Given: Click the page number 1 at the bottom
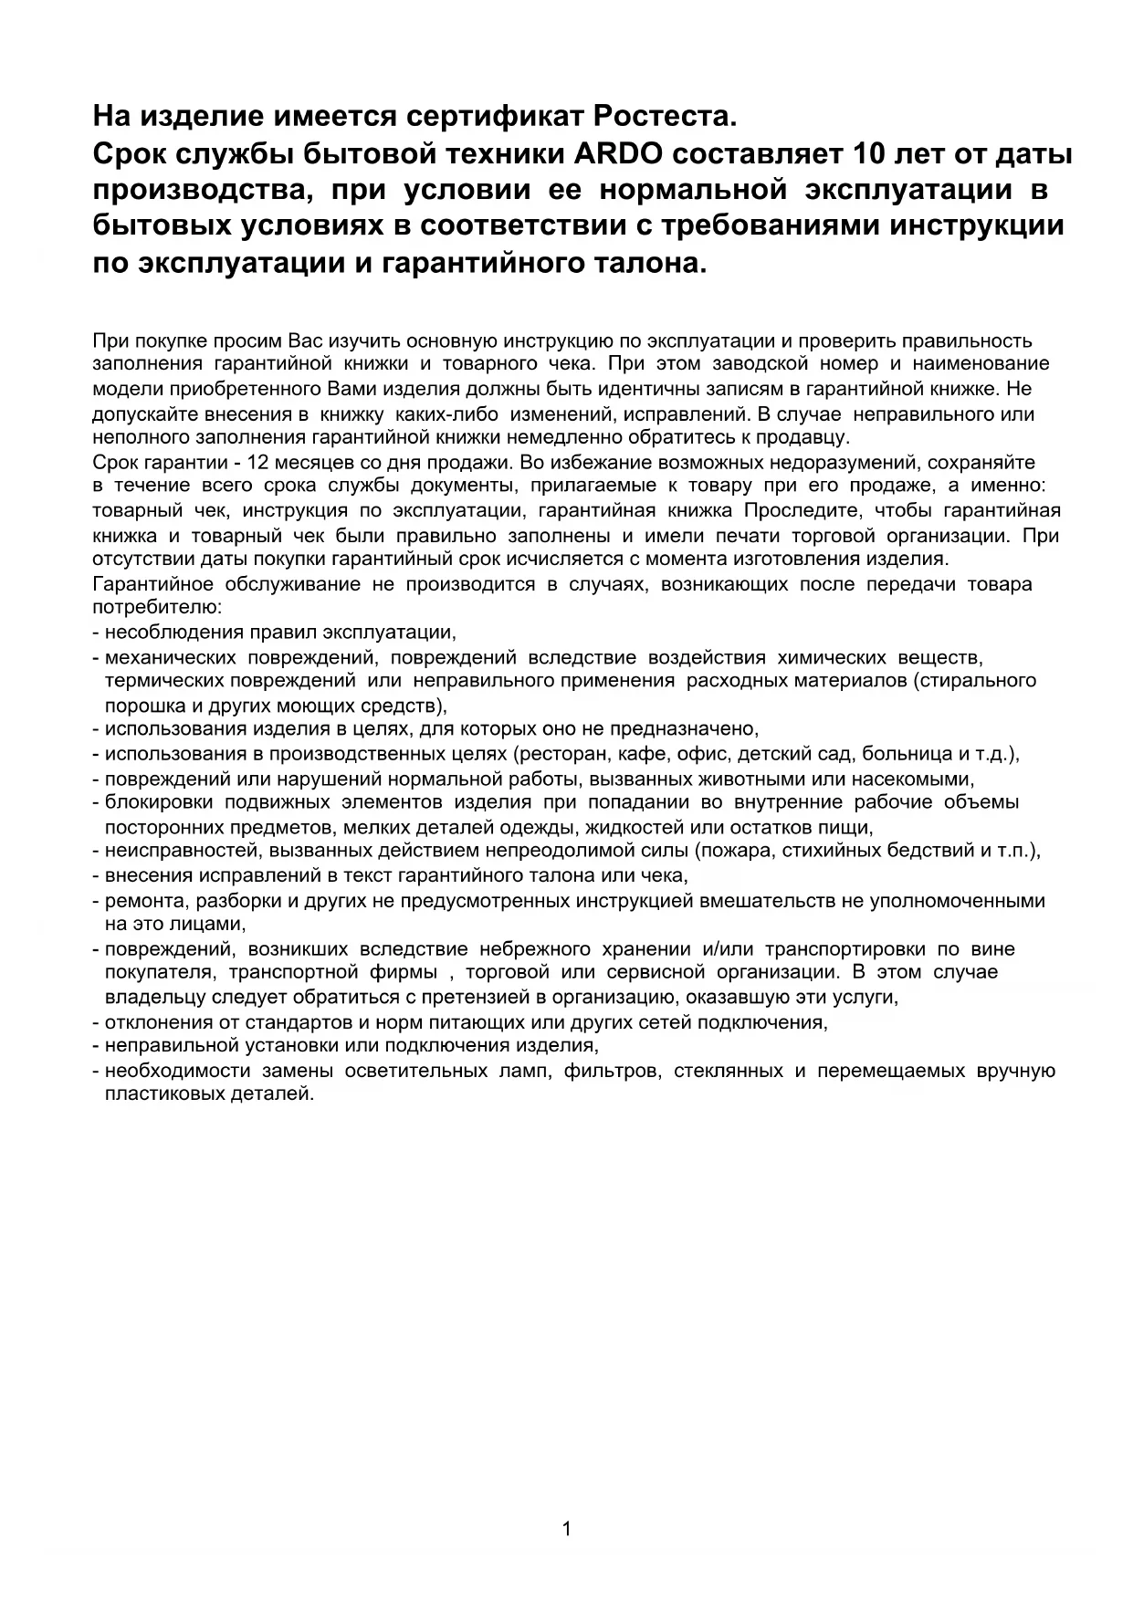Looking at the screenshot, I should [x=566, y=1529].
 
